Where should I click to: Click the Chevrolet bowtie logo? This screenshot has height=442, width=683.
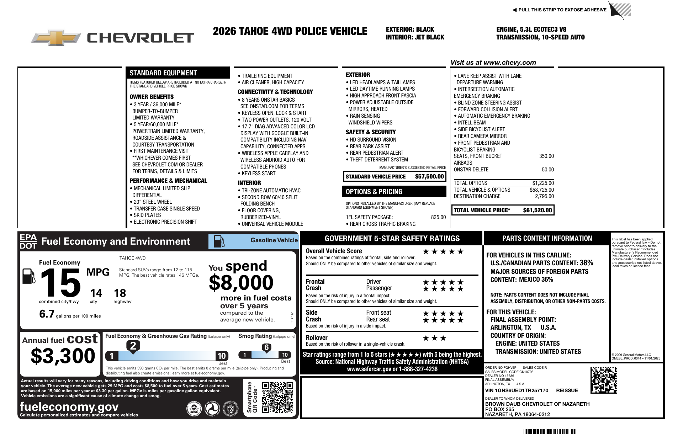pyautogui.click(x=56, y=38)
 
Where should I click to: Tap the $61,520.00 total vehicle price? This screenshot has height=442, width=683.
pyautogui.click(x=537, y=210)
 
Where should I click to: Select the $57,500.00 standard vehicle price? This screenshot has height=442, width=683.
pyautogui.click(x=429, y=176)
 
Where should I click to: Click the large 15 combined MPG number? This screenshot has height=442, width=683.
pyautogui.click(x=60, y=283)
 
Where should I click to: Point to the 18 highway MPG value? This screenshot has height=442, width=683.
pyautogui.click(x=120, y=293)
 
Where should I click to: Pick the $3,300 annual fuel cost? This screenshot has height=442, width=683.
pyautogui.click(x=63, y=356)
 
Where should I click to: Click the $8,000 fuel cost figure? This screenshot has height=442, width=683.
pyautogui.click(x=241, y=283)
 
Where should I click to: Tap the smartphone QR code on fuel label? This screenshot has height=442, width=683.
pyautogui.click(x=277, y=397)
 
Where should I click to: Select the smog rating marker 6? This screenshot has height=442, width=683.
pyautogui.click(x=266, y=347)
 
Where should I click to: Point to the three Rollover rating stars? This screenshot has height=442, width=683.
pyautogui.click(x=434, y=338)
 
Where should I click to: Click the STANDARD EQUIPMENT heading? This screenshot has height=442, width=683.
pyautogui.click(x=163, y=73)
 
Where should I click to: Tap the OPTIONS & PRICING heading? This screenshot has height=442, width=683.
pyautogui.click(x=374, y=192)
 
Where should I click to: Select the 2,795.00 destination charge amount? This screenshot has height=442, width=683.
pyautogui.click(x=544, y=196)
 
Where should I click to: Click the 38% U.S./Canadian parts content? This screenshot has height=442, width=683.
pyautogui.click(x=586, y=263)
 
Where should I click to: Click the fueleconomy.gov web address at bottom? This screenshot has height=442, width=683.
pyautogui.click(x=69, y=406)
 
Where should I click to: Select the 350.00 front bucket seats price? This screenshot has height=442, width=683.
pyautogui.click(x=546, y=156)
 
